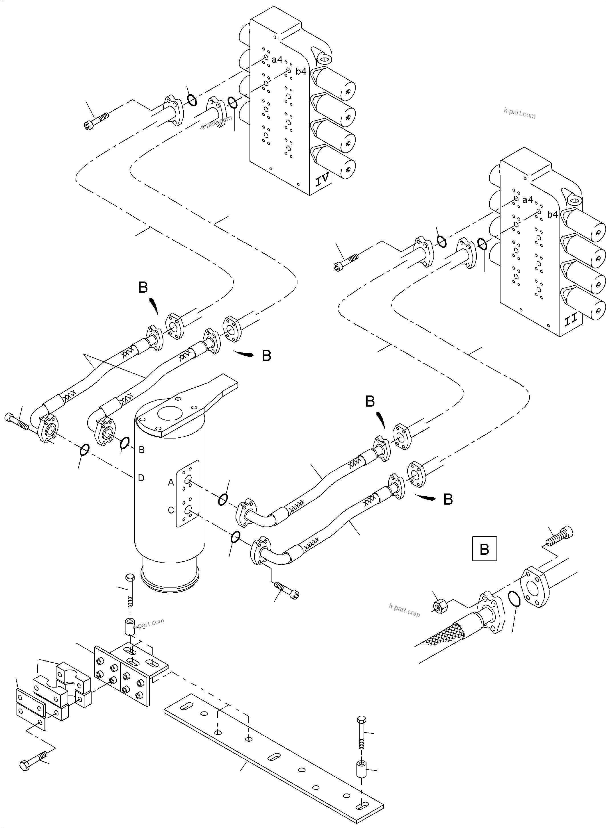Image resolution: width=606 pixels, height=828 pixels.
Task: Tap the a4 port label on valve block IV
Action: click(277, 59)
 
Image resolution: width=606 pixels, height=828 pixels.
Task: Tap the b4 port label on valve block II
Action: click(552, 215)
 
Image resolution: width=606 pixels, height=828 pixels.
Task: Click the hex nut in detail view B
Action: click(439, 607)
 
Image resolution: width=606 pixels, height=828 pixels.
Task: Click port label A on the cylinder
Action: click(171, 483)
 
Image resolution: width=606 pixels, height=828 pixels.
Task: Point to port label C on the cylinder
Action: click(171, 510)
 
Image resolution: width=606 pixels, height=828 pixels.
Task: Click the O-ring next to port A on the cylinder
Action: click(223, 499)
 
